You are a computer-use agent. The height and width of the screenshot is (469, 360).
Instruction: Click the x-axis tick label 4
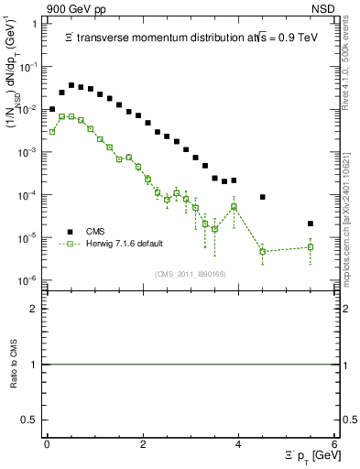(239, 444)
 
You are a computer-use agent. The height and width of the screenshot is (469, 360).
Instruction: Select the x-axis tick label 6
(334, 444)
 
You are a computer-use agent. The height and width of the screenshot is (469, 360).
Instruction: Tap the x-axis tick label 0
(48, 444)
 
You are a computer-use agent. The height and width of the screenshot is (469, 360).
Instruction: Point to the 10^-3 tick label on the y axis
(29, 153)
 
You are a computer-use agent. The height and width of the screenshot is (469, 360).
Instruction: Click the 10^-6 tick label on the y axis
(29, 281)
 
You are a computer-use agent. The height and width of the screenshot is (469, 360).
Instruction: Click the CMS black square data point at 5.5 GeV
(311, 224)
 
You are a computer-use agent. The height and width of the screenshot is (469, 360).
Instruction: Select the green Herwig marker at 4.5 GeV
(263, 251)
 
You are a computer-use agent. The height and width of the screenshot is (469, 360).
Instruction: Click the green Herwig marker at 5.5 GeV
(311, 246)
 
